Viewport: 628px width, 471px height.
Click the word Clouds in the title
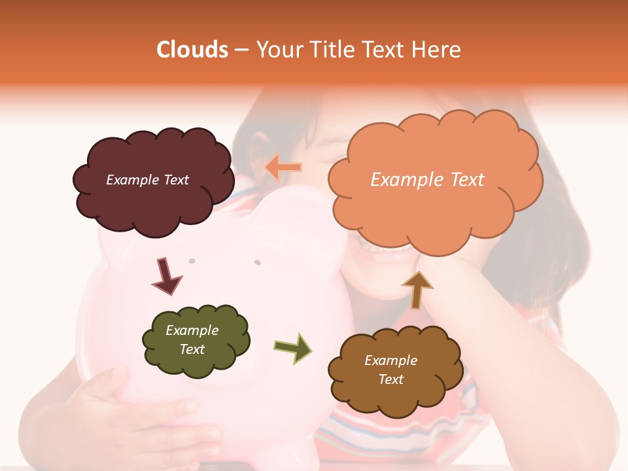[192, 50]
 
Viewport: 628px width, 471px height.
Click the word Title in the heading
[332, 50]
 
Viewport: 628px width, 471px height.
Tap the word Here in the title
[438, 50]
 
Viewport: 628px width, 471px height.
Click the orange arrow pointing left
[283, 167]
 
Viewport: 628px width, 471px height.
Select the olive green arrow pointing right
[292, 347]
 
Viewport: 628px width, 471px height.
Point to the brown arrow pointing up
[417, 289]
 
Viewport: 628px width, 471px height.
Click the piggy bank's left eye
[192, 261]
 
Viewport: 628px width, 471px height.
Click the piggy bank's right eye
[257, 262]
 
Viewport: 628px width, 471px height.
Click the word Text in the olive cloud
[192, 349]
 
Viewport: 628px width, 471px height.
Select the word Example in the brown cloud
[391, 360]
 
